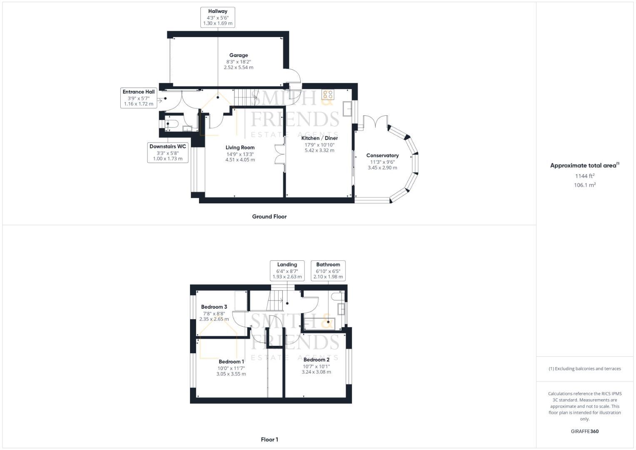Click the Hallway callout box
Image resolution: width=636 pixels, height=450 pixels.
(x=217, y=17)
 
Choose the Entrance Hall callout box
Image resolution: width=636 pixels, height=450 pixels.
(x=139, y=98)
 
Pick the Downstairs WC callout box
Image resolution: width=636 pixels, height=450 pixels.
(x=168, y=152)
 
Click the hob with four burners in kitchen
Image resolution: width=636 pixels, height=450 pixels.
(x=328, y=94)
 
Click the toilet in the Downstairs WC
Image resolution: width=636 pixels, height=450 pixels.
(x=171, y=124)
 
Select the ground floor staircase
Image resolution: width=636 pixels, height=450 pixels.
(x=246, y=97)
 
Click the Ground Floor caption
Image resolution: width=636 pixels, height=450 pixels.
(x=269, y=217)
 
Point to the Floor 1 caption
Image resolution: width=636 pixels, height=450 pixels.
(x=269, y=440)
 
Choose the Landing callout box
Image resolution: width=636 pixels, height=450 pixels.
(x=287, y=270)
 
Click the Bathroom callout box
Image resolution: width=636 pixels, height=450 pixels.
(x=328, y=270)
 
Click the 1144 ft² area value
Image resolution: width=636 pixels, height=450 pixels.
(x=585, y=176)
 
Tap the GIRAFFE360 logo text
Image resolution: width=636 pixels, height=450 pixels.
(x=585, y=431)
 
